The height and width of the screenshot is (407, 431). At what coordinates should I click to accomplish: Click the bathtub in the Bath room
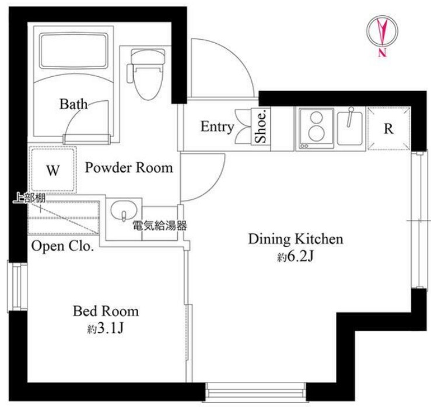pos(73,51)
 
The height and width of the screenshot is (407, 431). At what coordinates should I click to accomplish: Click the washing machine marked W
pos(52,169)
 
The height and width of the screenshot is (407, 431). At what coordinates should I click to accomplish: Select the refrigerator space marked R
pos(388,129)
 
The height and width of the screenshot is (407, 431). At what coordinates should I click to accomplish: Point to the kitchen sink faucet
pos(350,117)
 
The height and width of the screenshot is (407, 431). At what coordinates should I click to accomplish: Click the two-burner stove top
pos(316,129)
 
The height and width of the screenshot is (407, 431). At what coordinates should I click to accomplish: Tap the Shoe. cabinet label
pos(261,127)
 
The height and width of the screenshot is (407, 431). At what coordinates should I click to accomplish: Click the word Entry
pos(217,127)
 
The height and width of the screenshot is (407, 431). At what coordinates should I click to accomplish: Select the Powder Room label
pos(129,167)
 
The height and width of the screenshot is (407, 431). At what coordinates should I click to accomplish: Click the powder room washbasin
pos(124,211)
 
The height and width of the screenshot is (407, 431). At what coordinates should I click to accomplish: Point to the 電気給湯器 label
pos(160,226)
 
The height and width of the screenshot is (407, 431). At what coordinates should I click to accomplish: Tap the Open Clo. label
pos(62,246)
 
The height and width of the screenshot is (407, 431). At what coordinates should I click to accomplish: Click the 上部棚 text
pos(29,198)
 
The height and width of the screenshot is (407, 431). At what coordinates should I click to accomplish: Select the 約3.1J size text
pos(106,328)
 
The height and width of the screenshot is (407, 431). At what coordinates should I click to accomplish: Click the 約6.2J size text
pos(296,257)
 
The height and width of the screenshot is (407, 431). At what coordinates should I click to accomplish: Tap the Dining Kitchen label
pos(296,239)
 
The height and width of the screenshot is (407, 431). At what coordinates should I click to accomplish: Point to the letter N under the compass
pos(383,52)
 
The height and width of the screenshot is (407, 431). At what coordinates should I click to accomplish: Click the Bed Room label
pos(106,311)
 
